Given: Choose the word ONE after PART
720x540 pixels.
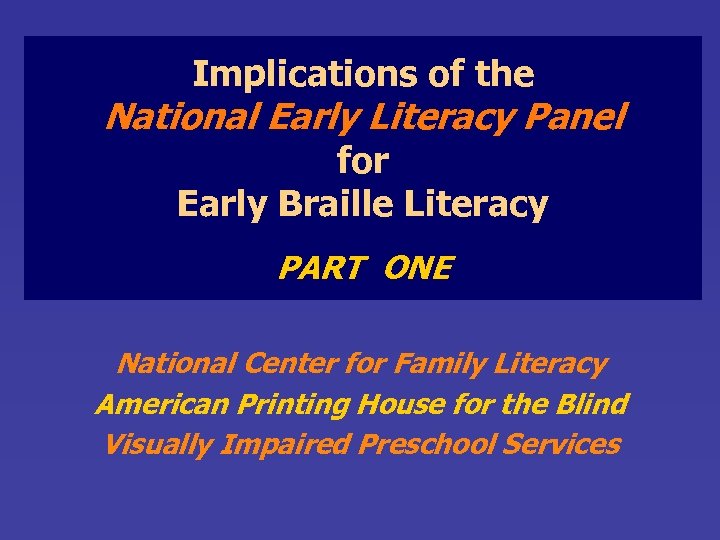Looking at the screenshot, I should [x=418, y=268].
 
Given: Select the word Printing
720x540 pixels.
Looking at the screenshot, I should [x=284, y=404].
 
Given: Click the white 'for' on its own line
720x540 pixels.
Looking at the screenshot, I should [x=362, y=160].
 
